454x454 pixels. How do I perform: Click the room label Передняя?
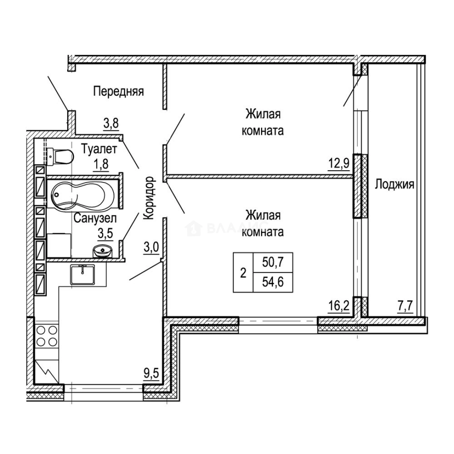point(119,92)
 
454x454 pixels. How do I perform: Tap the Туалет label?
point(99,149)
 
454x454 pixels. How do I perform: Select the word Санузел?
point(95,218)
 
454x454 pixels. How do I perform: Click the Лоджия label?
point(395,185)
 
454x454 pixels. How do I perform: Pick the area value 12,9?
point(339,164)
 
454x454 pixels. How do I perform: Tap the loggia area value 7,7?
point(405,306)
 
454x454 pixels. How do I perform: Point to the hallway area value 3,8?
point(111,123)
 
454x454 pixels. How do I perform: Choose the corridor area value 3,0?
point(151,248)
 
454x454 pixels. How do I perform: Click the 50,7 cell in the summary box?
point(273,262)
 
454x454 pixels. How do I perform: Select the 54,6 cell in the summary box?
point(273,282)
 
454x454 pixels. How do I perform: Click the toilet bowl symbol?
point(60,157)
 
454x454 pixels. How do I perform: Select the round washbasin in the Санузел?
point(102,251)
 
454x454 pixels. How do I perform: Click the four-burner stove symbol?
point(47,336)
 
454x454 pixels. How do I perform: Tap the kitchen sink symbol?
point(82,275)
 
